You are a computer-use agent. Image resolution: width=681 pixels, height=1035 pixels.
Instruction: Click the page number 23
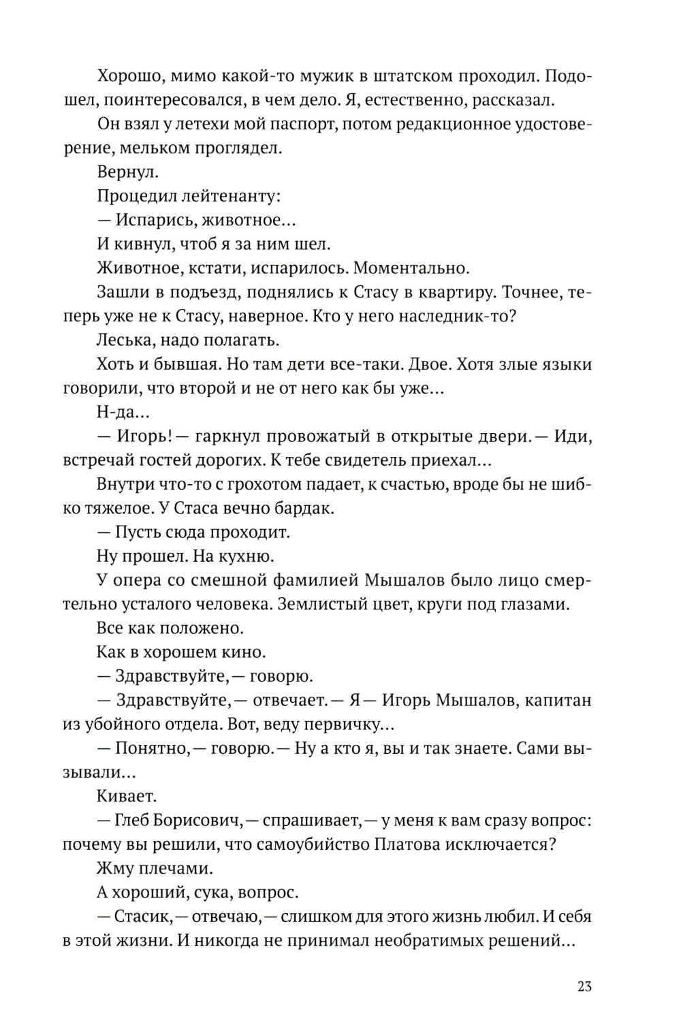tap(584, 987)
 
